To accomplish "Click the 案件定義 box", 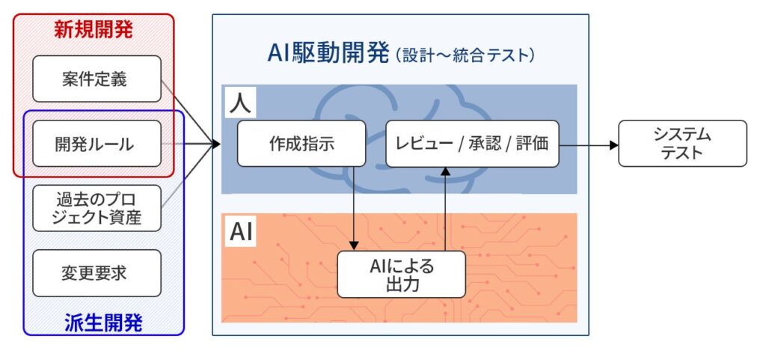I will (x=97, y=79).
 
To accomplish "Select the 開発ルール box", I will (x=97, y=144).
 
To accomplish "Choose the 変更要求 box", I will (x=97, y=272).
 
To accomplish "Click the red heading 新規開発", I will (x=94, y=30).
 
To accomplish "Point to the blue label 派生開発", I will (x=104, y=323).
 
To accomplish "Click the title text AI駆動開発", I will (x=329, y=53).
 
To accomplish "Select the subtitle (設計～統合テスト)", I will (x=464, y=55).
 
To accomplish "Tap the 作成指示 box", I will (x=301, y=144).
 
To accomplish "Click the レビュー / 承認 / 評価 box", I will (x=472, y=144).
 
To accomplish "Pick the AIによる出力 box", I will (x=401, y=274).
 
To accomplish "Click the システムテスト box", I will (x=682, y=144).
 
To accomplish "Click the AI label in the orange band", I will (x=241, y=232).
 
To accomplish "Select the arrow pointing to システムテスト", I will (x=591, y=144).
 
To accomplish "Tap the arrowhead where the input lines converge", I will (x=216, y=144).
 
